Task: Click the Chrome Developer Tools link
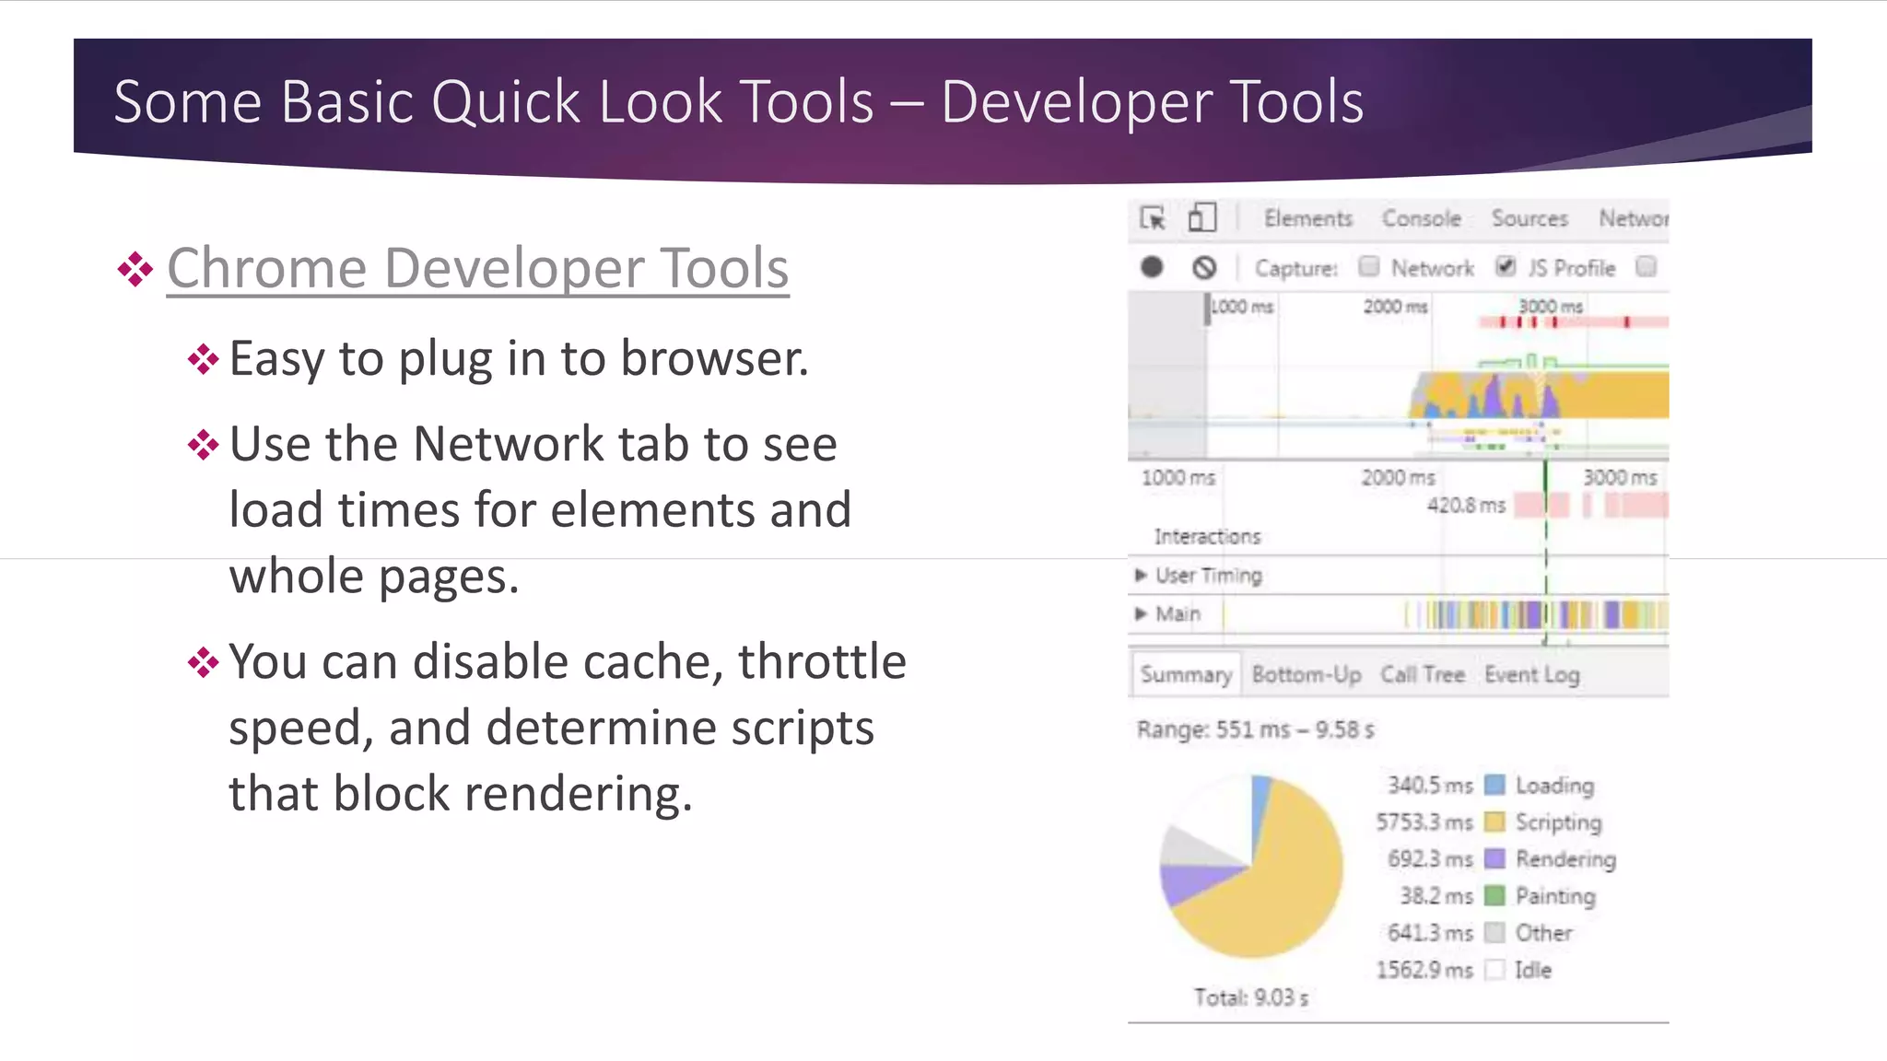click(x=477, y=268)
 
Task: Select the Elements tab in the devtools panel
click(x=1307, y=218)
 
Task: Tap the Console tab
click(x=1421, y=218)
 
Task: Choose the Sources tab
click(x=1530, y=218)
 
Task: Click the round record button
click(x=1152, y=267)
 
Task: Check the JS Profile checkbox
click(x=1506, y=267)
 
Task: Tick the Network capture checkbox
click(x=1369, y=267)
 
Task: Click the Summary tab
click(x=1186, y=675)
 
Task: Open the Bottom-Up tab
click(x=1307, y=675)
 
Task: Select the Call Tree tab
click(x=1423, y=675)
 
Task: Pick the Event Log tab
click(x=1531, y=675)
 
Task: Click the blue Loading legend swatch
click(x=1495, y=785)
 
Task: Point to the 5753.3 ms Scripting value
click(x=1424, y=822)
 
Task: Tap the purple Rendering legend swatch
click(x=1495, y=858)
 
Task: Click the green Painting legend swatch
click(x=1495, y=895)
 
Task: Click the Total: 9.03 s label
click(x=1250, y=997)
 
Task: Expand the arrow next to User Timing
click(x=1142, y=576)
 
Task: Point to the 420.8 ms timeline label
click(x=1466, y=506)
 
